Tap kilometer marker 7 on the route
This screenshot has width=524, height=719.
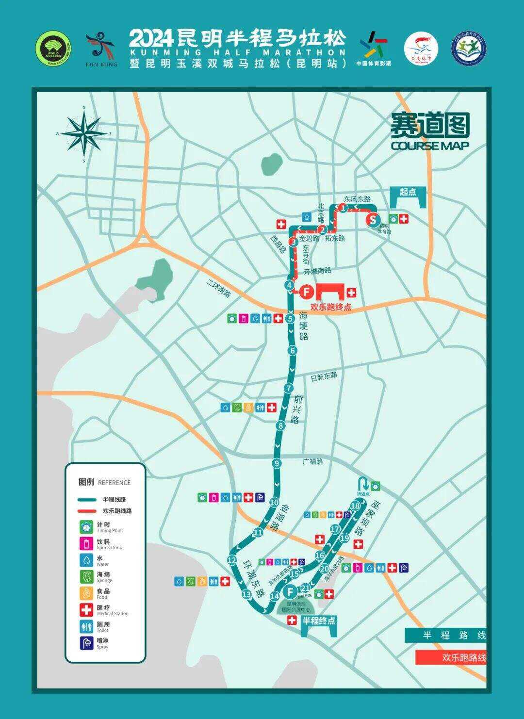coord(289,388)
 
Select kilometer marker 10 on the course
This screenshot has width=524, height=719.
coord(274,503)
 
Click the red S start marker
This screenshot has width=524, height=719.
coord(373,220)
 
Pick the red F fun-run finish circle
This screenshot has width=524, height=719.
coord(306,292)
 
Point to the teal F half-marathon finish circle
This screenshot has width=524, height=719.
coord(290,592)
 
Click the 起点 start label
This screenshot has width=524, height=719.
coord(408,192)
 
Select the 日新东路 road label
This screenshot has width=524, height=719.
coord(324,376)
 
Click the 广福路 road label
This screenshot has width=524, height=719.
coord(313,461)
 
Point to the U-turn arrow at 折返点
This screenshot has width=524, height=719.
coord(363,484)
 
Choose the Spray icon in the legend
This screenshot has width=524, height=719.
coord(87,643)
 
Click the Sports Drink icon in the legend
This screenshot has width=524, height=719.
coord(87,543)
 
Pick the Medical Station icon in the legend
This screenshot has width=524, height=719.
coord(87,610)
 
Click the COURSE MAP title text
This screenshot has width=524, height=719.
coord(430,146)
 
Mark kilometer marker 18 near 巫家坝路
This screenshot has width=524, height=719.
coord(355,507)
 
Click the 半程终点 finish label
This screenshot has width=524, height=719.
coord(318,621)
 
